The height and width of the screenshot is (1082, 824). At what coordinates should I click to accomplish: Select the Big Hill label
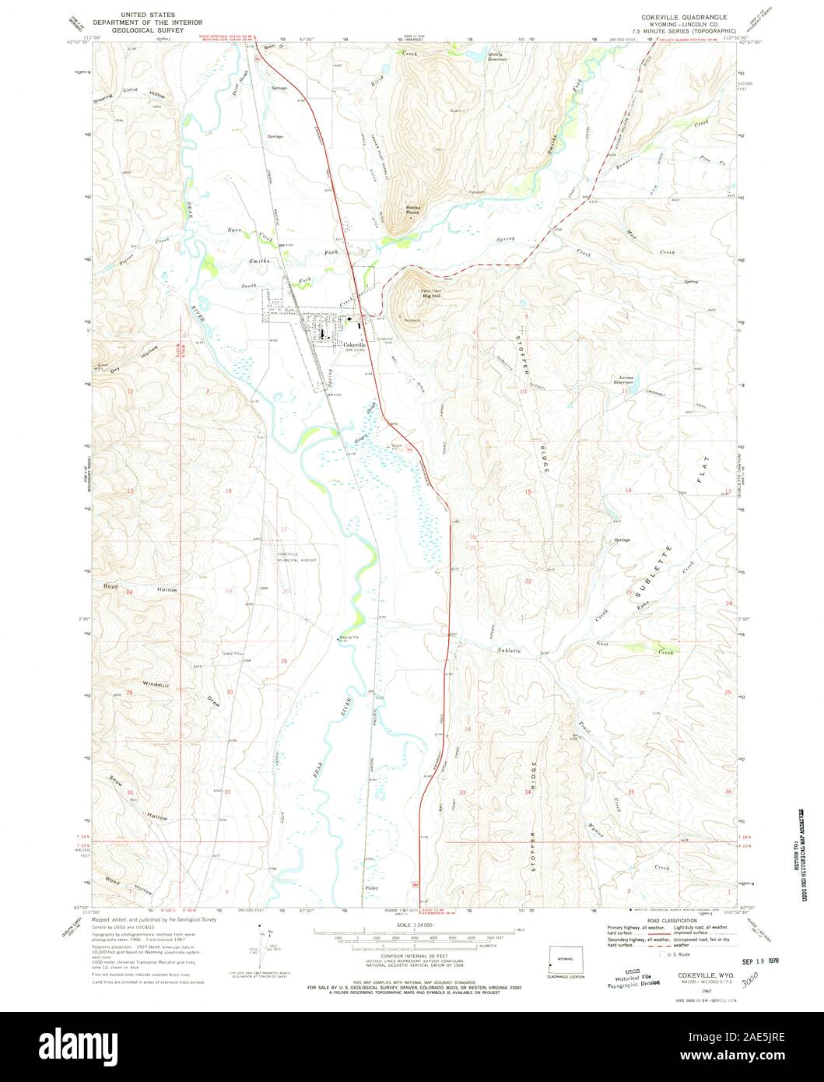[430, 296]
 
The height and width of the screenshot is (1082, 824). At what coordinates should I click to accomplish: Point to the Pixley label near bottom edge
[370, 887]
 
